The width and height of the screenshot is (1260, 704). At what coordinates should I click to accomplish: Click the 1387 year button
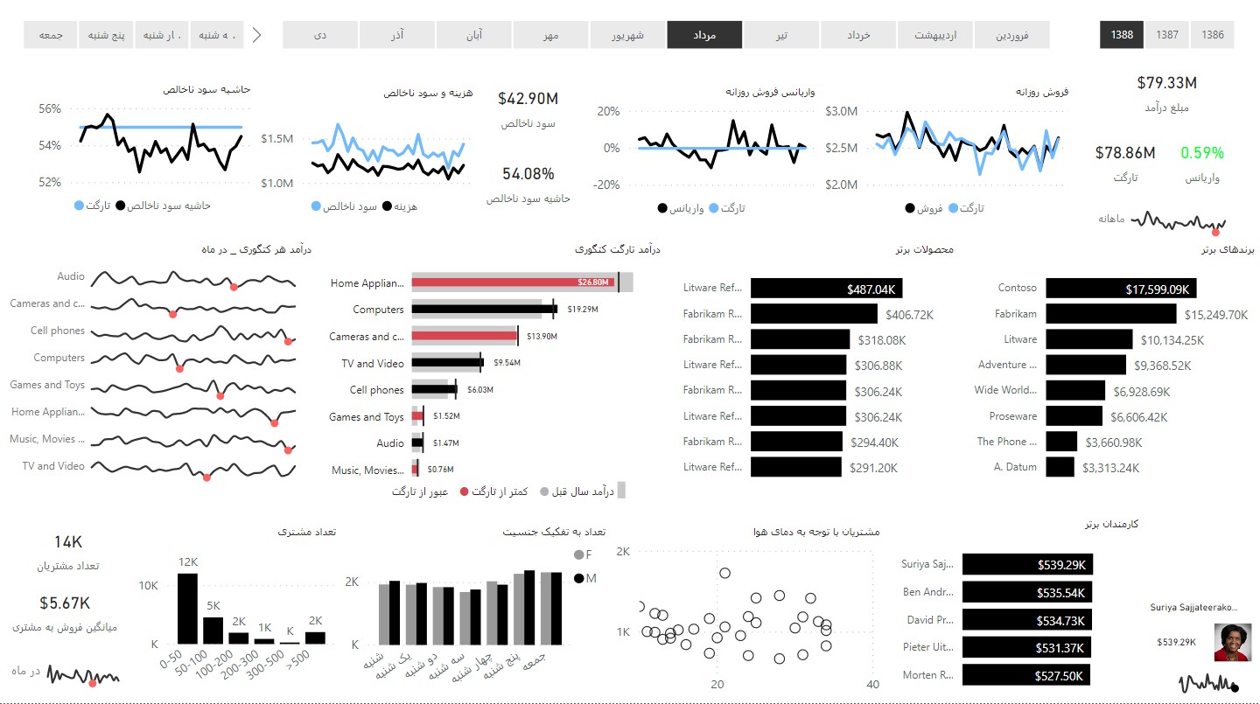point(1166,35)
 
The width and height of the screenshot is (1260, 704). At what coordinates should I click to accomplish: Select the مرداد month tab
point(704,35)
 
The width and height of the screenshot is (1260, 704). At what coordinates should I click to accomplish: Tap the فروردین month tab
point(1011,35)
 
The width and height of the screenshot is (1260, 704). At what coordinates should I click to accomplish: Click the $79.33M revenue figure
point(1166,83)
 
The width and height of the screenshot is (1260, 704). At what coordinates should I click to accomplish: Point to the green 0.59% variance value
point(1201,152)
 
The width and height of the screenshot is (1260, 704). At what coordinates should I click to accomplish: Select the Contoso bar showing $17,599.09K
point(1121,289)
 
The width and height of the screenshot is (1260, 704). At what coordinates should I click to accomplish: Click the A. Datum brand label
point(1015,467)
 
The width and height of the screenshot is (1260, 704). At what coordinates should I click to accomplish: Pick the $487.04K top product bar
point(827,289)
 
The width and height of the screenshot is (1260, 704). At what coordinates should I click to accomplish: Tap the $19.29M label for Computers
point(582,310)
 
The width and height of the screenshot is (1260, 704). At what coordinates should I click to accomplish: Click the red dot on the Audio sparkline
point(233,287)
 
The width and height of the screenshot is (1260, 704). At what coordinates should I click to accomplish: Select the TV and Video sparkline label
point(53,466)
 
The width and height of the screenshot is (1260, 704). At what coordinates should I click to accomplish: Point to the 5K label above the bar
point(213,605)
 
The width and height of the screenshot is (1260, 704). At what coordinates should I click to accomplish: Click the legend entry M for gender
point(584,578)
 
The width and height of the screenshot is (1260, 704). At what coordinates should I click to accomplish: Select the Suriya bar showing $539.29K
point(1027,565)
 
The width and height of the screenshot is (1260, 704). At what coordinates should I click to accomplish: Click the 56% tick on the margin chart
point(50,109)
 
